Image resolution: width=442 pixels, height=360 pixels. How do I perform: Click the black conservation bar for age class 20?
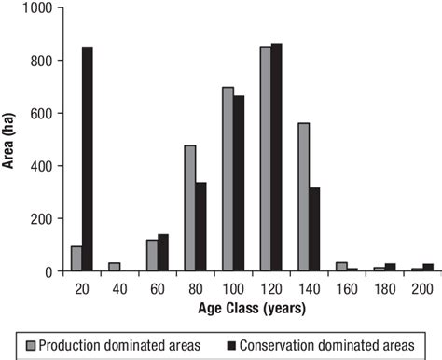point(87,159)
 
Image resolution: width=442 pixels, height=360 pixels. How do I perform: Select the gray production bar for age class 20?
point(76,259)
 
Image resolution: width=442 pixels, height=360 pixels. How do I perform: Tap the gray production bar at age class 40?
point(115,267)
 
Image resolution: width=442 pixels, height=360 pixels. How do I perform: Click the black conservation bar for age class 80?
point(201,227)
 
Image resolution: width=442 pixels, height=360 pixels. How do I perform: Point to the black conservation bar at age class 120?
point(278,158)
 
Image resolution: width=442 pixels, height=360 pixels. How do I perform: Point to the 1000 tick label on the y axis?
point(41,8)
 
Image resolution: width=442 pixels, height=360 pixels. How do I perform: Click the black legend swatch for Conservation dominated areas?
point(231,344)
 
